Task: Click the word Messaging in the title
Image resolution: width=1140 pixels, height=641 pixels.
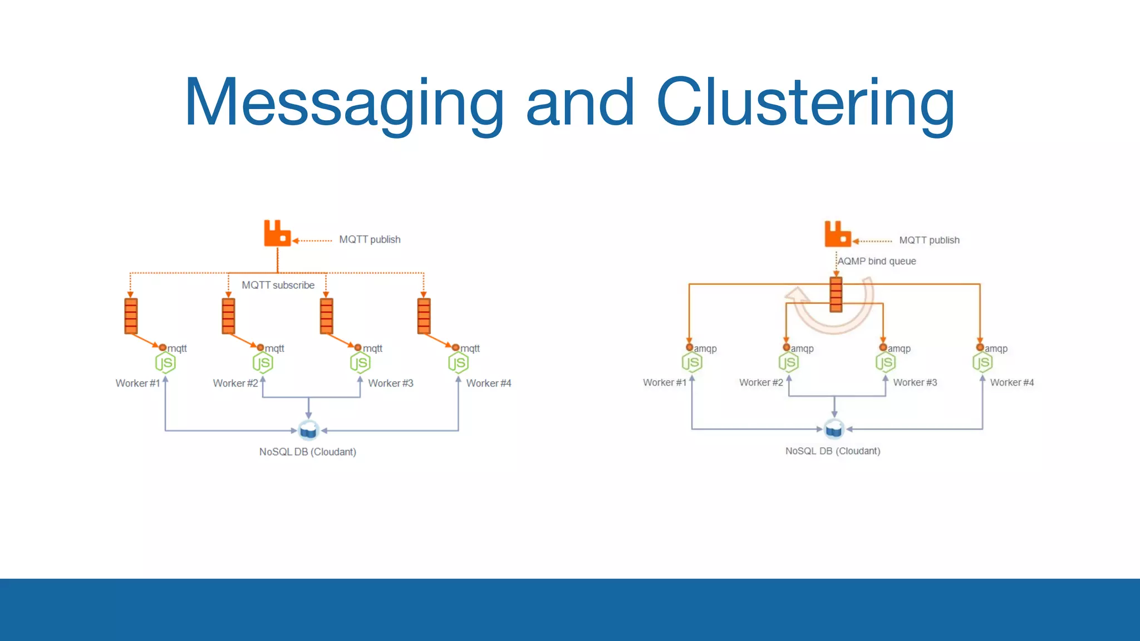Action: [343, 103]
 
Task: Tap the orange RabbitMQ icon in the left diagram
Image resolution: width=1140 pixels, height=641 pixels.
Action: [277, 233]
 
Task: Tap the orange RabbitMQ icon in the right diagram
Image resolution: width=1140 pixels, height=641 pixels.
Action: [837, 234]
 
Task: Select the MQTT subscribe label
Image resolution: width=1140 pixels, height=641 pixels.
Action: [278, 285]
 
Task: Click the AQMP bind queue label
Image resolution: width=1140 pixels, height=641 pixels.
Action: [877, 261]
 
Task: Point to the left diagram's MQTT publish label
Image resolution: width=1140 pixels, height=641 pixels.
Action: [370, 239]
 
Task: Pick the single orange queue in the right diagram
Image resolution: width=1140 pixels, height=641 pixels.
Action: [836, 294]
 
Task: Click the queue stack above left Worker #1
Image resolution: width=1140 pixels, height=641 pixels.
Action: [131, 316]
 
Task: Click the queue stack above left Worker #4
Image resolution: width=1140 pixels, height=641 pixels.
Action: [424, 316]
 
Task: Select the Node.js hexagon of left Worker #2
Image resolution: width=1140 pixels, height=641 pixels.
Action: [262, 363]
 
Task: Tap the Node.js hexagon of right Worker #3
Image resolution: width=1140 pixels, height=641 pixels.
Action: [885, 363]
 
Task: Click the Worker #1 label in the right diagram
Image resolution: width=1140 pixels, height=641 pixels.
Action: [664, 382]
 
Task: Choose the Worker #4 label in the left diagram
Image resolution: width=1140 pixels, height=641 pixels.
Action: [488, 383]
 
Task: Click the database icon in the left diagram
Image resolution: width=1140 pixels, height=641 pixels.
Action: [308, 430]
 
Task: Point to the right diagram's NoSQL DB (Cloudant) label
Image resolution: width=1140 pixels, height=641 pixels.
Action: [832, 451]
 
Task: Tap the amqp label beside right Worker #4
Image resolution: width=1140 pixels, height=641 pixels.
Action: [996, 348]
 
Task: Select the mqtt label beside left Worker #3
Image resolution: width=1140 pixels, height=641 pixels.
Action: [372, 348]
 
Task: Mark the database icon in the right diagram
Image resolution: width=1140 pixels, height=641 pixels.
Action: [834, 428]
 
